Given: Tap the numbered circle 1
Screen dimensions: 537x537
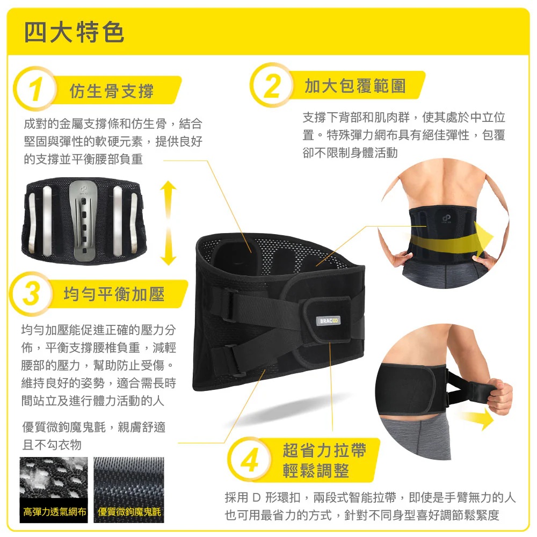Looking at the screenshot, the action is pos(35,89).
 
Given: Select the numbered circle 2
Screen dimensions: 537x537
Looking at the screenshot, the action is pos(272,85).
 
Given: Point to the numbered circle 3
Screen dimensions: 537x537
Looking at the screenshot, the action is pos(31,294).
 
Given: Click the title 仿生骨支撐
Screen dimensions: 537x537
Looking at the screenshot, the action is pos(112,91).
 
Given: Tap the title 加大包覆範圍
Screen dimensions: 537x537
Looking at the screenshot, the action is pos(355,85).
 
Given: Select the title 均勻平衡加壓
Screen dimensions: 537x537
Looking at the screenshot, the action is pos(114,294).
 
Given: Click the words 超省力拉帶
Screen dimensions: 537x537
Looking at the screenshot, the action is pos(324,450).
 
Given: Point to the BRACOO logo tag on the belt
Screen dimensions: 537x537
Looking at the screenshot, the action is pos(328,321).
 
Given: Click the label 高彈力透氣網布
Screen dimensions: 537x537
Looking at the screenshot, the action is pos(54,512).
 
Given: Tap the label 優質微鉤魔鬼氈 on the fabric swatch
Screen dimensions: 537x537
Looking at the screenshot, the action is pos(129,512).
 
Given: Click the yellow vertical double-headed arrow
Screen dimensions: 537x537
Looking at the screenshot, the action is pos(169,223).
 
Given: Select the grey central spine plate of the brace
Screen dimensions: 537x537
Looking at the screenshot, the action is pos(83,221).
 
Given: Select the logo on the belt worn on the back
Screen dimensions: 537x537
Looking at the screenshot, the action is pos(446,219).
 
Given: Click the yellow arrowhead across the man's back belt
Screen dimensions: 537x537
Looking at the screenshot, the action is pos(484,237).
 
